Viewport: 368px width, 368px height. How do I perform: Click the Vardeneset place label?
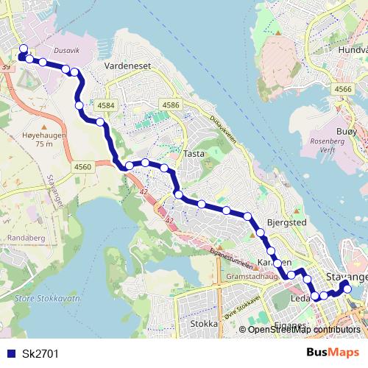coord(127,66)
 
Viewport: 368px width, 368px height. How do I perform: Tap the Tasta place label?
coord(194,154)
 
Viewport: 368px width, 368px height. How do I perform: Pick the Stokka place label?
coord(204,323)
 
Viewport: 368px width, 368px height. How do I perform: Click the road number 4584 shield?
coord(106,106)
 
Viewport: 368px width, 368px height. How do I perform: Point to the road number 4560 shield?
coord(82,168)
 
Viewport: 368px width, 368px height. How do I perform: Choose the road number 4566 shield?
coord(342,89)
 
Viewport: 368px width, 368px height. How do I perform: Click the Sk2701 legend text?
coord(40,354)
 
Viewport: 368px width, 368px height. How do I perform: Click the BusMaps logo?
coord(333,353)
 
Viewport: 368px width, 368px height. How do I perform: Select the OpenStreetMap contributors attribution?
coord(303,330)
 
